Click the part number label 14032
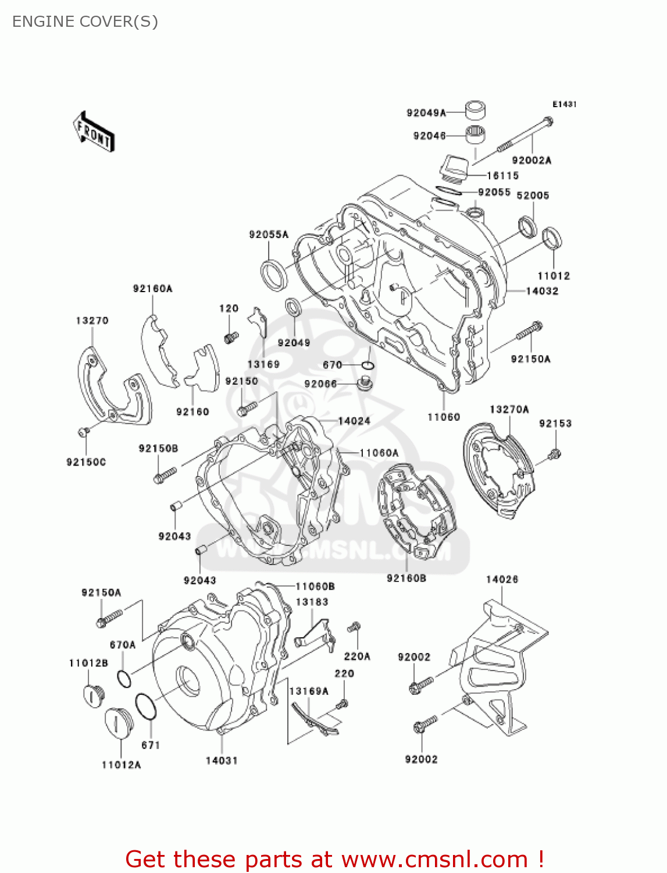tap(542, 291)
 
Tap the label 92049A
tap(426, 113)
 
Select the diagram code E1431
tap(564, 104)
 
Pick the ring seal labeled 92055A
tap(273, 275)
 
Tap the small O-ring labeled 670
tap(368, 365)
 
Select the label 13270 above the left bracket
tap(92, 321)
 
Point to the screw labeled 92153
tap(555, 454)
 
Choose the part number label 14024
tap(354, 421)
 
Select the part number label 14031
tap(222, 761)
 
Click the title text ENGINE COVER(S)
tap(85, 22)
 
